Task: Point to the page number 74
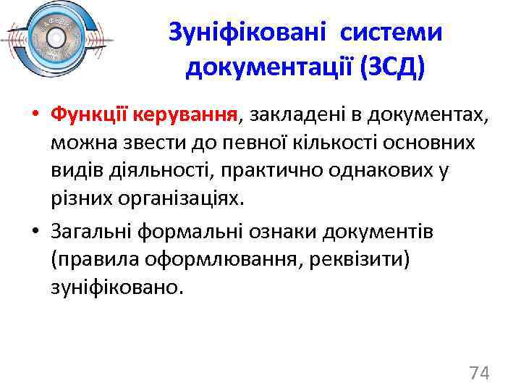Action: [x=479, y=373]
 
